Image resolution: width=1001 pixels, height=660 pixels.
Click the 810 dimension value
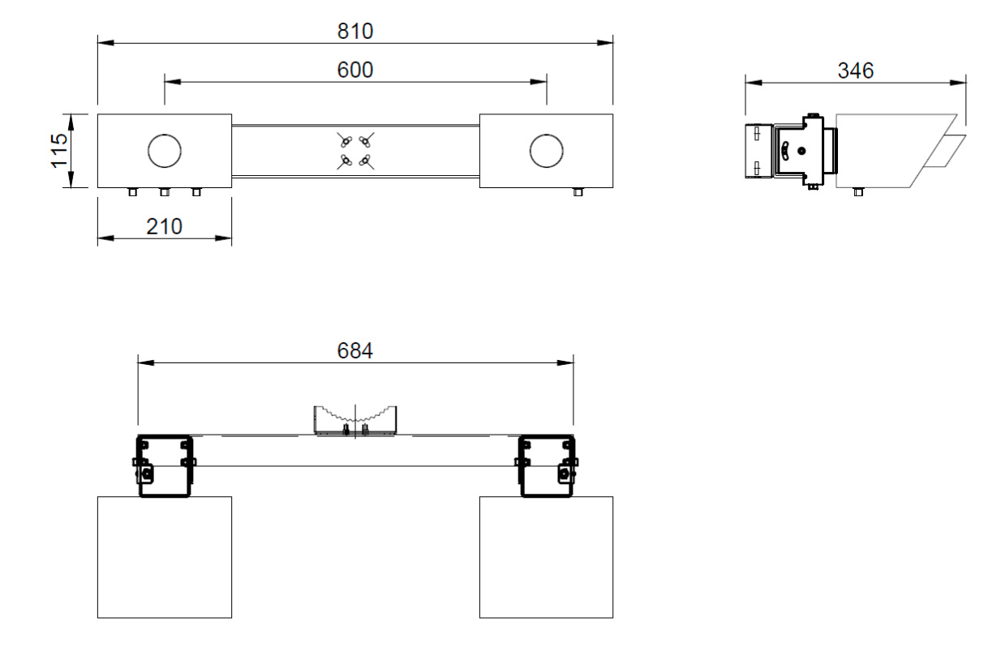(x=354, y=31)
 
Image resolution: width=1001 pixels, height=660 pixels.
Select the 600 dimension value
(x=354, y=71)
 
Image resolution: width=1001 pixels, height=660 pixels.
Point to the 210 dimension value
(x=164, y=226)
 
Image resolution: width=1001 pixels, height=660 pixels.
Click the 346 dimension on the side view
(x=856, y=71)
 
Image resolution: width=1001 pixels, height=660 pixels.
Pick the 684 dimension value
(x=354, y=350)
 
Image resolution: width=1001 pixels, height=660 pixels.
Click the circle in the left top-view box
(x=164, y=151)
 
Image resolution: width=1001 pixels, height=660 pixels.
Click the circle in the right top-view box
(x=546, y=151)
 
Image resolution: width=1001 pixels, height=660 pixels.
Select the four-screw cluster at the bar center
(x=355, y=151)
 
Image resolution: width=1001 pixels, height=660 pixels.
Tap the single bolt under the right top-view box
(x=578, y=192)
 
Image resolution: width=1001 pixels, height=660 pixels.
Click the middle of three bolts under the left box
(x=164, y=192)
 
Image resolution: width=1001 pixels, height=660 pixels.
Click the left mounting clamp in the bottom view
(x=164, y=465)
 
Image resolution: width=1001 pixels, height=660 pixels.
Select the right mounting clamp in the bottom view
(x=547, y=465)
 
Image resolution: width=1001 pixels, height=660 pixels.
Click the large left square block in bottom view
(x=164, y=557)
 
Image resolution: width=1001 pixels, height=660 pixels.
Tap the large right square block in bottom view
(x=546, y=557)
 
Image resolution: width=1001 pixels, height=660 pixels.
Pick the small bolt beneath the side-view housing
(x=858, y=192)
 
